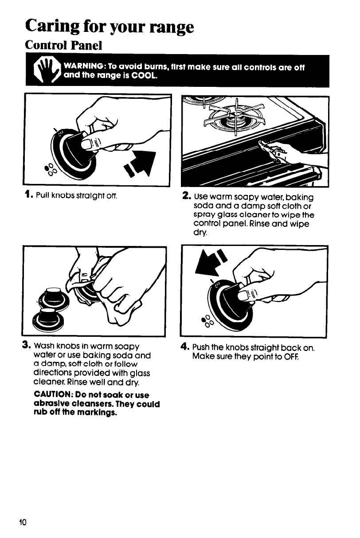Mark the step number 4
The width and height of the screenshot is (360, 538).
tap(187, 343)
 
